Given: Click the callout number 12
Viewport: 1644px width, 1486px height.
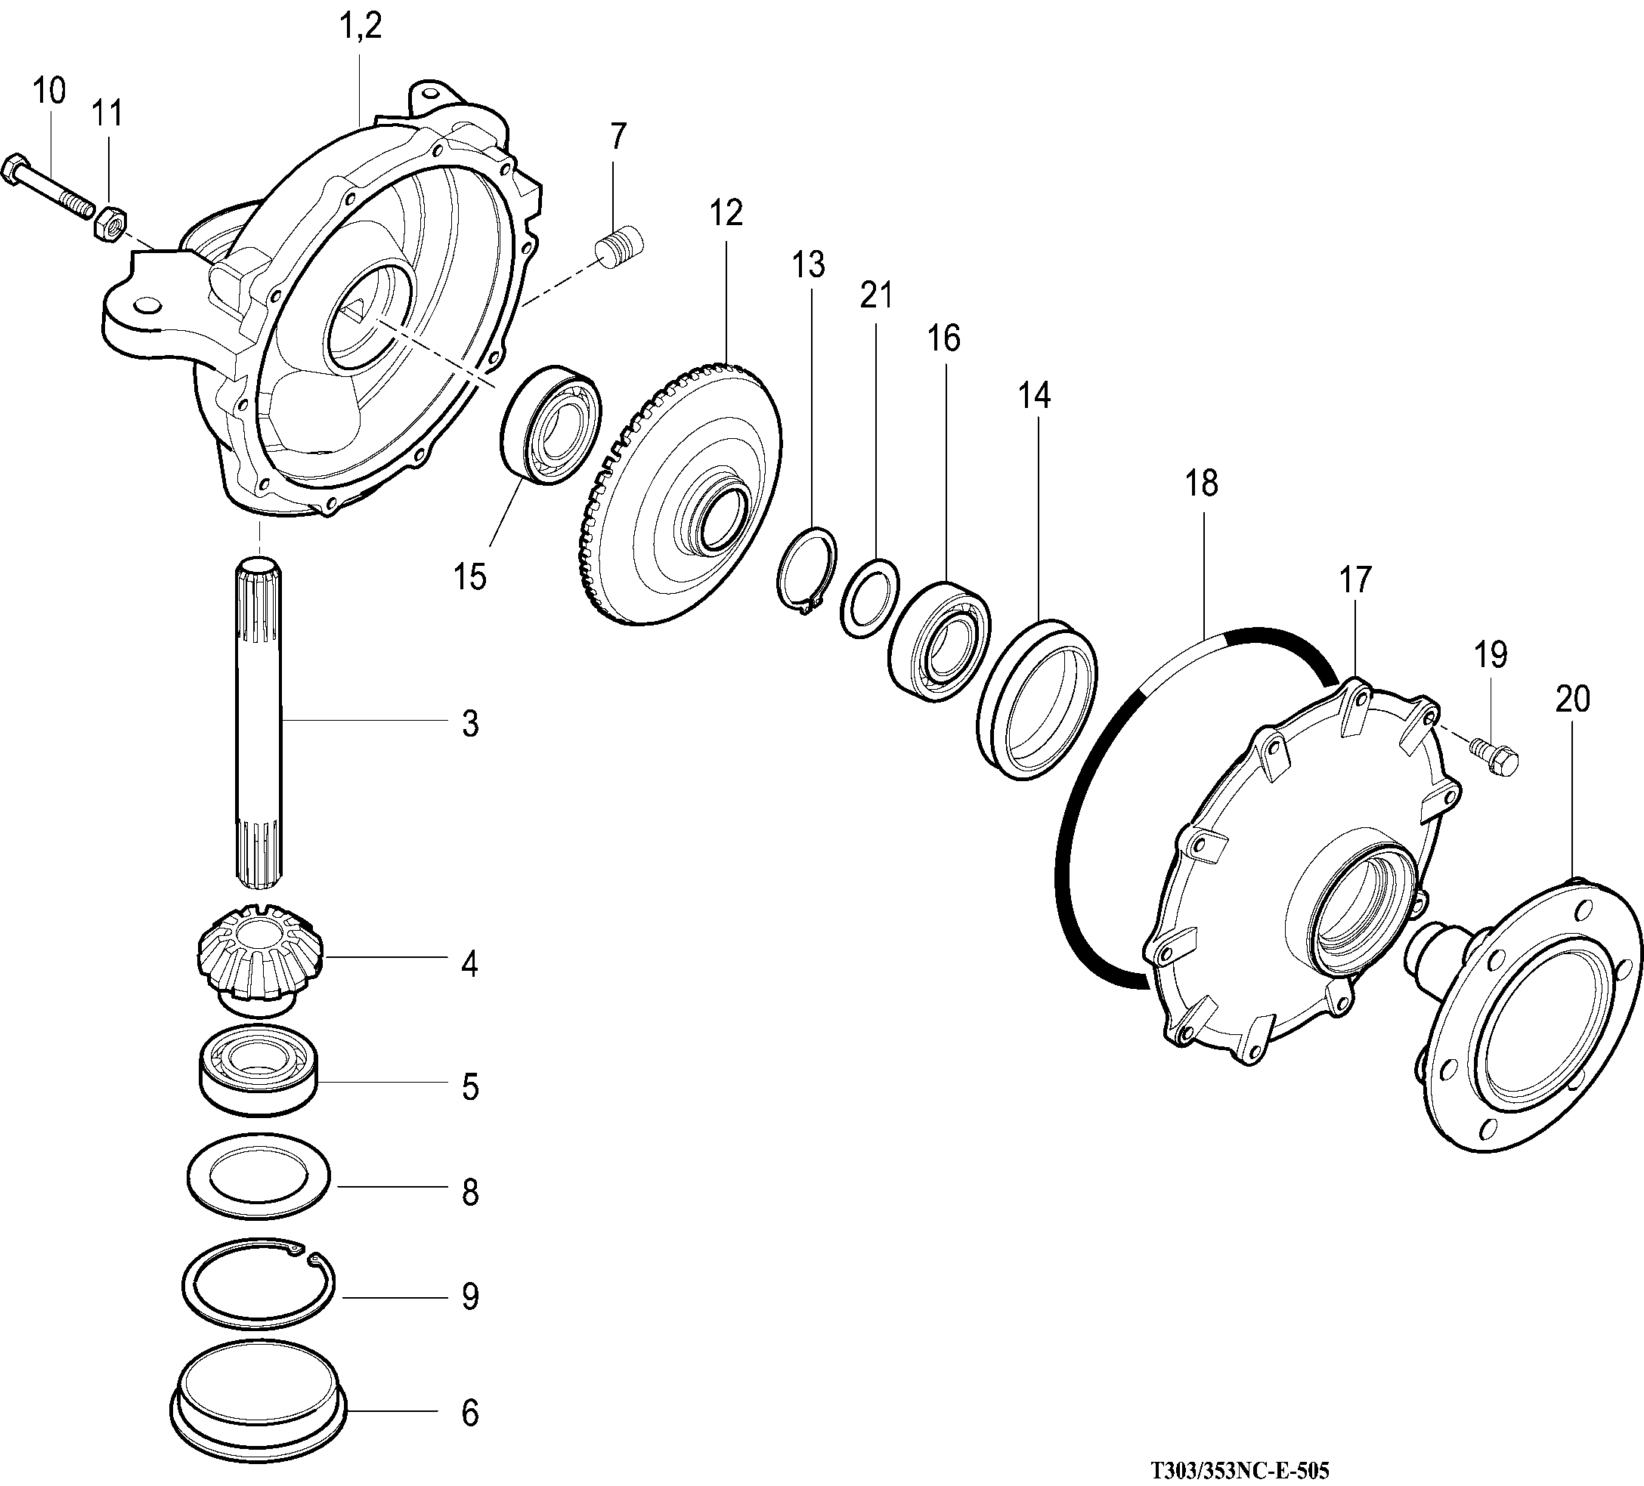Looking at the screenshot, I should coord(725,214).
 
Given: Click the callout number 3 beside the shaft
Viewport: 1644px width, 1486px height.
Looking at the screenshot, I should coord(469,724).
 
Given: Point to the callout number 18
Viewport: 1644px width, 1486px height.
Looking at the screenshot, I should coord(1200,483).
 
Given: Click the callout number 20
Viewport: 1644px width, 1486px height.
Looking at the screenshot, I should coord(1572,700).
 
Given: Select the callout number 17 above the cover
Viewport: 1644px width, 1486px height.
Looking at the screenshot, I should coord(1355,580).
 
